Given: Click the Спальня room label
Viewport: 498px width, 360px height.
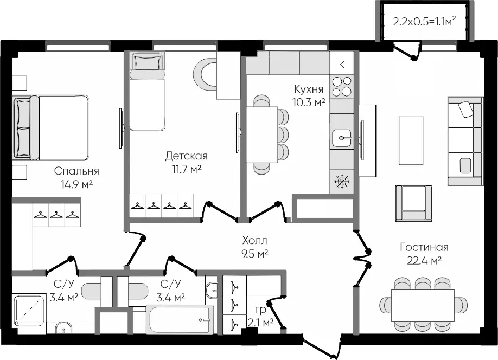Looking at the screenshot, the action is [x=76, y=171].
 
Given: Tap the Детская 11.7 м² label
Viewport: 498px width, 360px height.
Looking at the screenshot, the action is [x=187, y=162].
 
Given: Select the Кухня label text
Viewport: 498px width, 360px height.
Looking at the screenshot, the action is [x=309, y=89].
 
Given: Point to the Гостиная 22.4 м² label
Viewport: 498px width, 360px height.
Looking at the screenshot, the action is [x=424, y=254].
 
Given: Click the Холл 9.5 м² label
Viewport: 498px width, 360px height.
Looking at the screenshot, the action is [x=255, y=247].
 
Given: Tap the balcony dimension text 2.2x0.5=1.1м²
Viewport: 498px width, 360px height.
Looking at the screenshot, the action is [x=425, y=22].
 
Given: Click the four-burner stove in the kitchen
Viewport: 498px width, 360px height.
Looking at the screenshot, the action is [x=342, y=86].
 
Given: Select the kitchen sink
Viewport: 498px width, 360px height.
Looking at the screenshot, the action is [x=342, y=138].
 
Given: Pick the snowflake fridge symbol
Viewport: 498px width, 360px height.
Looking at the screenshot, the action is [x=342, y=182].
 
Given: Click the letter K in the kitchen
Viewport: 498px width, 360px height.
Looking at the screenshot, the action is [x=342, y=65].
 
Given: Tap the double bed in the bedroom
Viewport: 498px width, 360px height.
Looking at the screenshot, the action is [x=50, y=127].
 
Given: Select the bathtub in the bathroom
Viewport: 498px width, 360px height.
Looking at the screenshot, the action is [x=180, y=319].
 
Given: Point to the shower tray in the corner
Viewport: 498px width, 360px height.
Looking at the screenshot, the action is [x=29, y=310].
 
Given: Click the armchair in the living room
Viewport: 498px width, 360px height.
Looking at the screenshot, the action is [x=414, y=203].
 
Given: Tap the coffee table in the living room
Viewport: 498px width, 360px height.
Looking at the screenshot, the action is [x=411, y=140].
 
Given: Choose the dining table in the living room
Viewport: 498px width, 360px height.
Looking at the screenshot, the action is [x=423, y=305].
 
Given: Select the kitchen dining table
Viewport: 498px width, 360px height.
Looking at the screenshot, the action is [x=262, y=134].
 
